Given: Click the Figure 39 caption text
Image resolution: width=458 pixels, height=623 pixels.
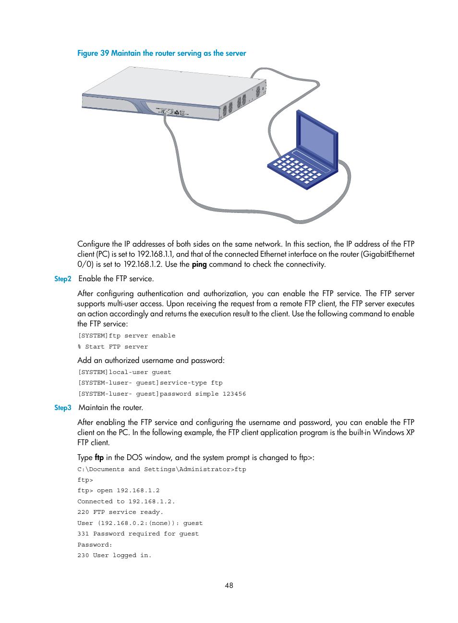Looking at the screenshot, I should tap(161, 53).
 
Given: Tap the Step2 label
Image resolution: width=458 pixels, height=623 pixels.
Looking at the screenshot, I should tap(62, 279).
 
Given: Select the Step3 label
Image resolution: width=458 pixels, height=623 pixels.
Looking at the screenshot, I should tap(62, 408).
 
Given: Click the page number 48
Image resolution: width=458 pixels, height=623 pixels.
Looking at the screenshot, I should tap(229, 586).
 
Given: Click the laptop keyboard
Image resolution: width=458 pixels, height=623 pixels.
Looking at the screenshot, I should tap(296, 169).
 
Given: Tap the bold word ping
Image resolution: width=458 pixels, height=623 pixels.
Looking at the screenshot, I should tap(199, 264).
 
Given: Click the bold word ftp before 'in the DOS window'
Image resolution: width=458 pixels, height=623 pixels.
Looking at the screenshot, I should tap(99, 458).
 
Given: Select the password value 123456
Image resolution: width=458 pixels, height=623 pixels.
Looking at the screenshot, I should tap(234, 394).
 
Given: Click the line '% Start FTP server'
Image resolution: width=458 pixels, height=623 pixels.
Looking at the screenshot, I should tap(113, 347).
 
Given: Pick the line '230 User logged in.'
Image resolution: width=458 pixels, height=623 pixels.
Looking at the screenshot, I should tap(114, 555).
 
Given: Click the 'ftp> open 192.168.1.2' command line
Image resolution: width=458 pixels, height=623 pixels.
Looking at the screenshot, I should tap(119, 490).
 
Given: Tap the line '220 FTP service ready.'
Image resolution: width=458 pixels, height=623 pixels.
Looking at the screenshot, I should tap(120, 512).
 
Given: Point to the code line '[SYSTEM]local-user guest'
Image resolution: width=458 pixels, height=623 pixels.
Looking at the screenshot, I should tap(125, 372).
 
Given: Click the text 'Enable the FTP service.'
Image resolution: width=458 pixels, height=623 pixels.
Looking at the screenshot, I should tap(116, 279).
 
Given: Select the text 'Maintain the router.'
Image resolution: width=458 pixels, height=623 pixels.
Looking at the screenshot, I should tap(111, 408).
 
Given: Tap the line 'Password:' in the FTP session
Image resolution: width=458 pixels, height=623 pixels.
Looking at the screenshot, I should tap(95, 545).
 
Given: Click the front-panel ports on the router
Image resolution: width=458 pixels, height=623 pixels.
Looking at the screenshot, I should tap(172, 112).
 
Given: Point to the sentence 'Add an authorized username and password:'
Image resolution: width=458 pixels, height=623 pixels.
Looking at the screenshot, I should tap(151, 361).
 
